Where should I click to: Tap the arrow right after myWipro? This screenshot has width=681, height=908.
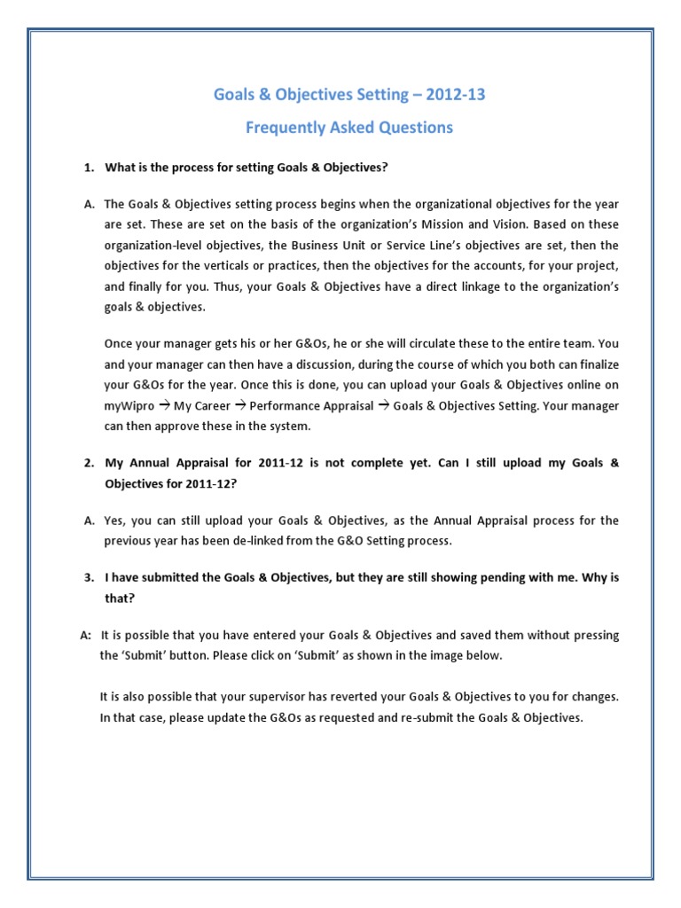(164, 405)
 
